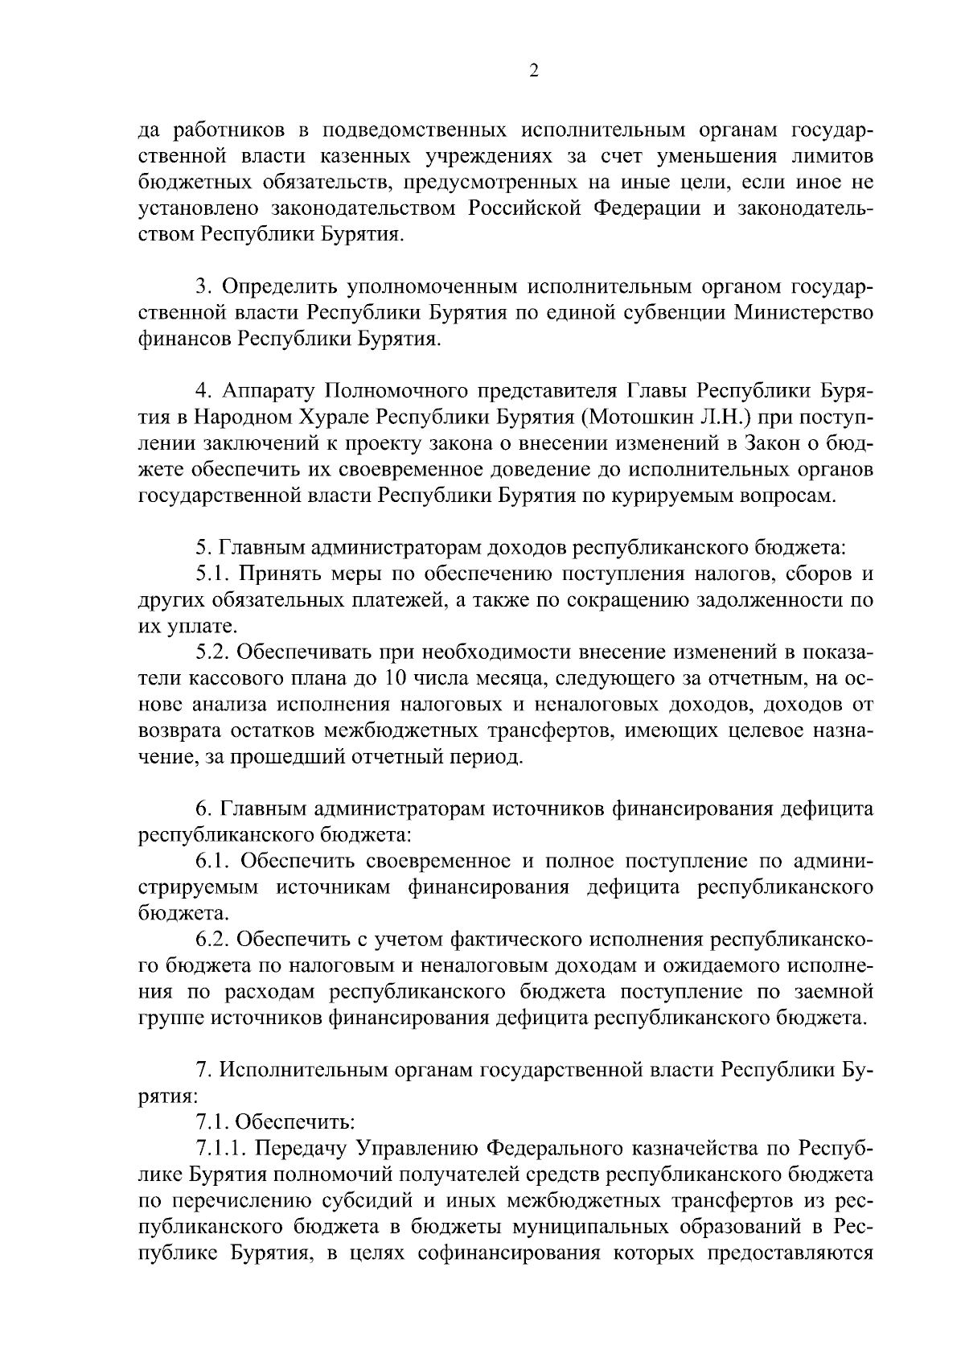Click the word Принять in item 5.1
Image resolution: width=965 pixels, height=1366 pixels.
pos(277,574)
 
